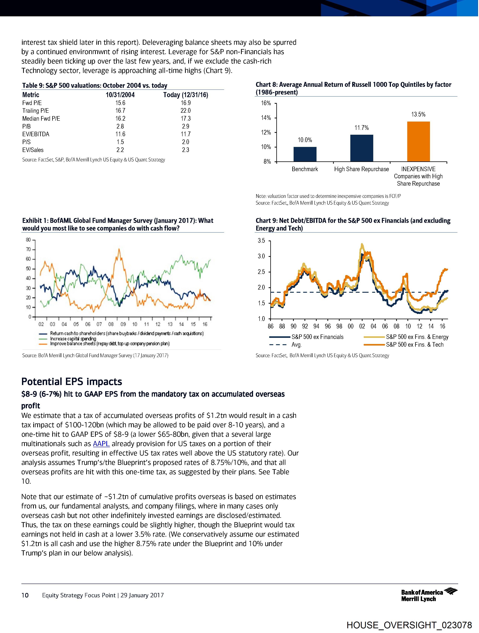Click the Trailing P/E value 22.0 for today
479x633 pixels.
coord(185,111)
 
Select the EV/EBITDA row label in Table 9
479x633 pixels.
coord(36,134)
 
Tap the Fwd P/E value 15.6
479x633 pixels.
coord(120,103)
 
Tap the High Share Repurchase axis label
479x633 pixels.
coord(361,169)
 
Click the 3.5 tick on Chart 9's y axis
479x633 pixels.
coord(261,241)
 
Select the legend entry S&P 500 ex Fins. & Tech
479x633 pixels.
coord(414,345)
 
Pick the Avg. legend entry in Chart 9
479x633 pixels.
coord(296,345)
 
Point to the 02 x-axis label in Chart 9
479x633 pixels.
coord(362,326)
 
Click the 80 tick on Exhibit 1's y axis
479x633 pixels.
coord(29,240)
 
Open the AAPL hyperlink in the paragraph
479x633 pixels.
coord(101,444)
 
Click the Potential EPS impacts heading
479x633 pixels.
coord(72,382)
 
